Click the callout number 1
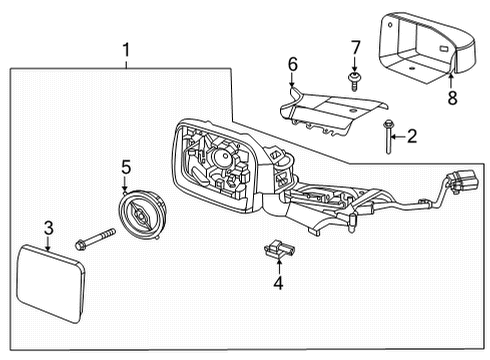(126, 48)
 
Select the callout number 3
(47, 230)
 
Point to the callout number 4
(279, 283)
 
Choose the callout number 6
(293, 65)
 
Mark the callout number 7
(354, 48)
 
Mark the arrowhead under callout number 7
(354, 67)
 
